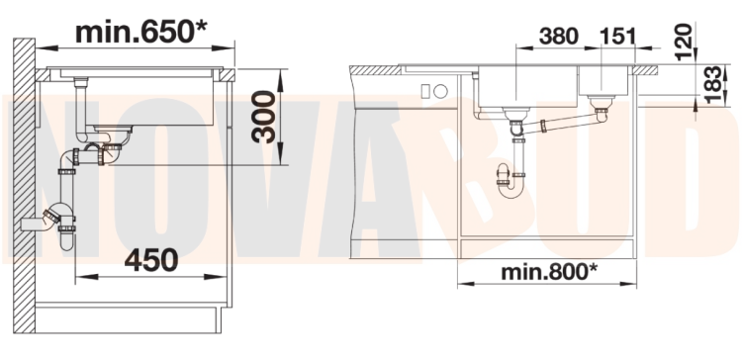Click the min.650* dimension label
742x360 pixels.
141,33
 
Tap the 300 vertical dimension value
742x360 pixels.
263,117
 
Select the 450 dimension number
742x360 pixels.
151,260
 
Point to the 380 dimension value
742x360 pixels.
559,37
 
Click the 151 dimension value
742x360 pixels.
617,37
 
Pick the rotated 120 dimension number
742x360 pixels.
684,43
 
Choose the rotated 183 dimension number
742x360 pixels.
712,85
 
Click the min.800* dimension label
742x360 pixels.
549,272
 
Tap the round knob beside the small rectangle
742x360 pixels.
440,91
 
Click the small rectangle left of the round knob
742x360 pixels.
425,91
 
